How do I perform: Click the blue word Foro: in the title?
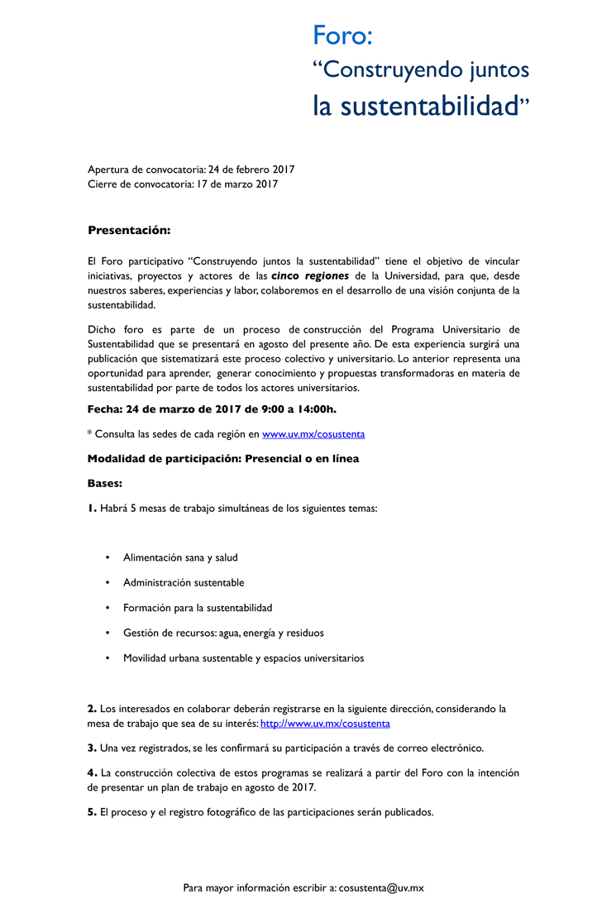pos(342,36)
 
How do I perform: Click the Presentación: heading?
pos(129,230)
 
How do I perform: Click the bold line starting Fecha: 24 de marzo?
pos(212,409)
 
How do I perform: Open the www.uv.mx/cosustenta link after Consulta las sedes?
pos(313,433)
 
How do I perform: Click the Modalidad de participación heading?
pos(223,458)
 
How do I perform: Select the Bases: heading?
pos(105,483)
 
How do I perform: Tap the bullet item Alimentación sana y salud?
pos(180,557)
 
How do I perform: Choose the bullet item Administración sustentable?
pos(184,582)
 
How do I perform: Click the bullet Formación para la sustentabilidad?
pos(198,608)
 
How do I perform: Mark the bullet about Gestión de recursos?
pos(223,633)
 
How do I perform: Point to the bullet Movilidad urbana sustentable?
pos(243,658)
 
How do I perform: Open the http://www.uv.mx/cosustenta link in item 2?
pos(325,724)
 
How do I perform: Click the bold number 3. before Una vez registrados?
pos(92,748)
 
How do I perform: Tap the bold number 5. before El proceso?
pos(92,812)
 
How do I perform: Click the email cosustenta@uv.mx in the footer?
pos(381,887)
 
